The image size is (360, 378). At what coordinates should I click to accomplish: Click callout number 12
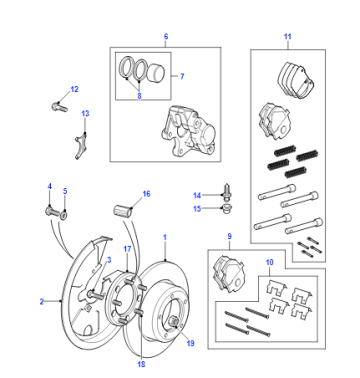[74, 89]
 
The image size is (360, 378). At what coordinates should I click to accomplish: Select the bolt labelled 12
[60, 107]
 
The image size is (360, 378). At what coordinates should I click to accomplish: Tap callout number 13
[85, 113]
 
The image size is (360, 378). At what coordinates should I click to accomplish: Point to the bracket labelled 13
[80, 146]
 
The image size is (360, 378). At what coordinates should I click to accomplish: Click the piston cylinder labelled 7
[156, 72]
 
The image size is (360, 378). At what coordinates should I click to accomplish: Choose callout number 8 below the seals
[139, 96]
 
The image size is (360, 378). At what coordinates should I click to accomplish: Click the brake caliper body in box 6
[188, 132]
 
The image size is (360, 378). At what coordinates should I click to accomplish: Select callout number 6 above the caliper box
[166, 36]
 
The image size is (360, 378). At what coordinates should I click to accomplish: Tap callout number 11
[288, 36]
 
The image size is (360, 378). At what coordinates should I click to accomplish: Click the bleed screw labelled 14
[227, 191]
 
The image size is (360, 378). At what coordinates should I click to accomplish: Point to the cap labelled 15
[227, 209]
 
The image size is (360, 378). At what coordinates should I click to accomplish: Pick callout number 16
[146, 194]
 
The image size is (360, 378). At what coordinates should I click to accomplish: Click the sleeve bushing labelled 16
[122, 211]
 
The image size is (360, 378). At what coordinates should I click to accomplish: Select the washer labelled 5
[64, 214]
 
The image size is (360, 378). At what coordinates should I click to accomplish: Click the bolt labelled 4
[52, 212]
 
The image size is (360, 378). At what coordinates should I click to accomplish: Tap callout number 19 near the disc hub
[190, 343]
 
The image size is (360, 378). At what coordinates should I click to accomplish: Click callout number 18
[141, 364]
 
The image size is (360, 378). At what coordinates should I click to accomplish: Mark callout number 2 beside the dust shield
[42, 302]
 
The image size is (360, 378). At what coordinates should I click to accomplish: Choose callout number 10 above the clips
[269, 262]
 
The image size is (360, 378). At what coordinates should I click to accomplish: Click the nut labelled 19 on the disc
[174, 322]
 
